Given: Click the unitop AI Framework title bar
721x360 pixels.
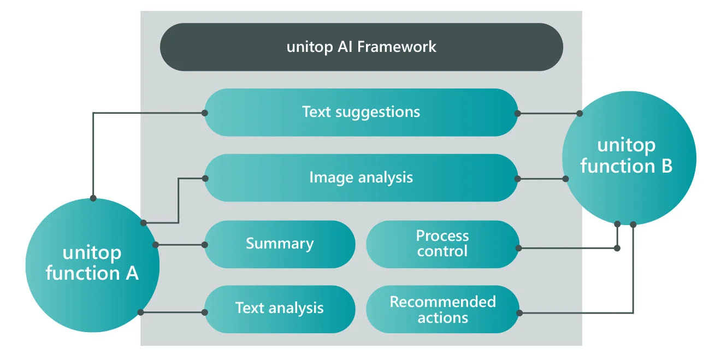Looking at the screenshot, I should [361, 47].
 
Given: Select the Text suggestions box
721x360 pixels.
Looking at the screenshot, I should [361, 113].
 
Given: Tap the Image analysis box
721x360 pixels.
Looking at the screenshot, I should [361, 178].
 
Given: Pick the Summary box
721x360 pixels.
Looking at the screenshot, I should [280, 244].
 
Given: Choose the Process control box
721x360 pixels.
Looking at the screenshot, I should [442, 244].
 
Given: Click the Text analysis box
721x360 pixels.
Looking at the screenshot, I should [280, 309].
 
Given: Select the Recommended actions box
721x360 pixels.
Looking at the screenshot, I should [442, 310].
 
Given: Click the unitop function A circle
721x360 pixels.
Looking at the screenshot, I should [92, 264].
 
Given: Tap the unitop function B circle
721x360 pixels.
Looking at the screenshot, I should [629, 157].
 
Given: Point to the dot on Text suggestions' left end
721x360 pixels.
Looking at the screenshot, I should [205, 113].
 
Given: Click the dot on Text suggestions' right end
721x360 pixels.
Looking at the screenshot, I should [517, 114].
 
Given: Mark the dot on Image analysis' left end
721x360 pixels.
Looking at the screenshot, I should [205, 178].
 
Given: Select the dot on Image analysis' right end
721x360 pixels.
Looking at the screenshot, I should [517, 179].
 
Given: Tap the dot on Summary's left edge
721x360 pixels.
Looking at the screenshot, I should [205, 245].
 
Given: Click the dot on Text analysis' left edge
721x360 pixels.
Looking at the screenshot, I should [205, 312].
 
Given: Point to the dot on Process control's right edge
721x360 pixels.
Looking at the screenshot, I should [518, 248].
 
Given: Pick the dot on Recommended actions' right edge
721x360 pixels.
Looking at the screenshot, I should [519, 313].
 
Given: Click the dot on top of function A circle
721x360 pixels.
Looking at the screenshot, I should [93, 198].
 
